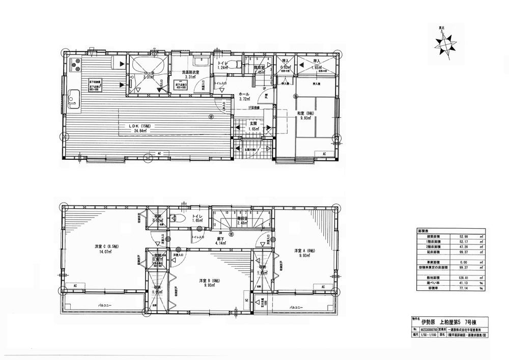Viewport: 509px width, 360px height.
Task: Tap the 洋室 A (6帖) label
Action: tap(304, 251)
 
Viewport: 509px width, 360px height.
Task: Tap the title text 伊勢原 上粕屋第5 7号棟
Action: tap(448, 322)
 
